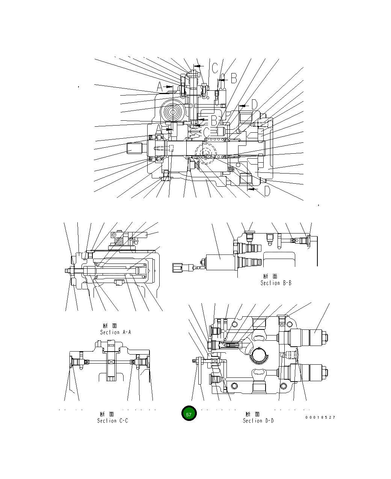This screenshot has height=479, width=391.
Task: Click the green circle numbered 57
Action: pyautogui.click(x=189, y=414)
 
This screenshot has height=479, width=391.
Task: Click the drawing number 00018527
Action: pyautogui.click(x=320, y=417)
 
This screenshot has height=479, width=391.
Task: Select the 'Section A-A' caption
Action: pyautogui.click(x=115, y=332)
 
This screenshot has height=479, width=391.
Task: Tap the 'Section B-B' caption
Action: pyautogui.click(x=276, y=283)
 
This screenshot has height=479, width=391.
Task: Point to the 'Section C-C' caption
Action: pyautogui.click(x=112, y=421)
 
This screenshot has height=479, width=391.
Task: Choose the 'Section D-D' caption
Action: pyautogui.click(x=258, y=421)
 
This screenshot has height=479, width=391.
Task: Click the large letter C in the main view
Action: pyautogui.click(x=214, y=68)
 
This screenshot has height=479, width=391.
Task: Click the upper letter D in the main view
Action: pyautogui.click(x=254, y=105)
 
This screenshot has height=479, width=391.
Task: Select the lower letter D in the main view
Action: pyautogui.click(x=267, y=191)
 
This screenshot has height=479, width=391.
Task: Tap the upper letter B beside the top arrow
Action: pyautogui.click(x=233, y=78)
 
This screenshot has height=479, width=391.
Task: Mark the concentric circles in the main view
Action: pyautogui.click(x=174, y=111)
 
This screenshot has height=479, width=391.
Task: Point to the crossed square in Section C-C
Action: pyautogui.click(x=111, y=362)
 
